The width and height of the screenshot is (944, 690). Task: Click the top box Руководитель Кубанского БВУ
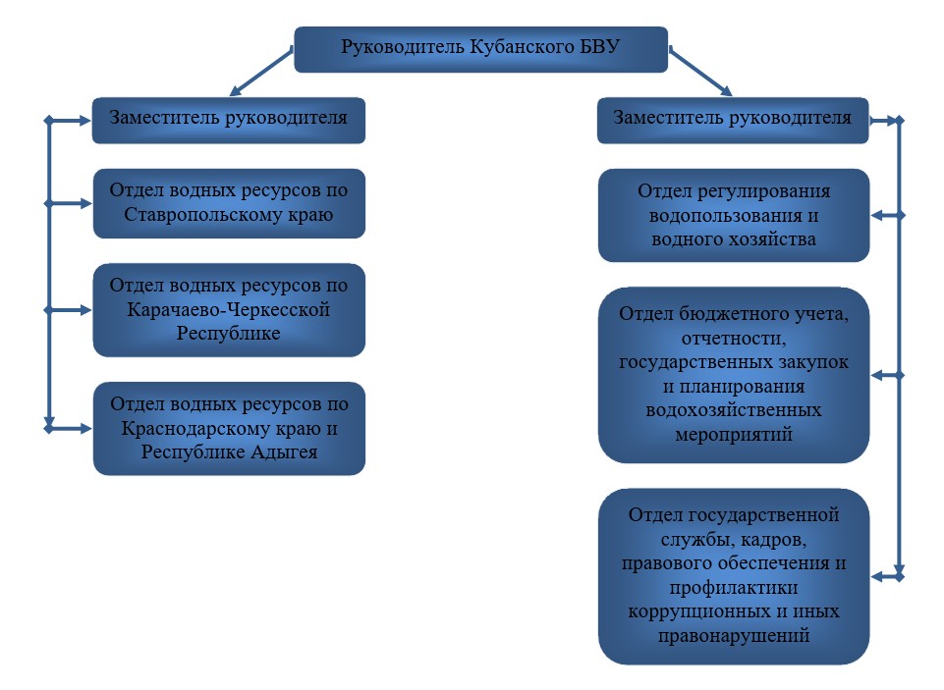coord(480,49)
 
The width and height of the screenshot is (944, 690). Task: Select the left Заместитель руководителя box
coord(229,121)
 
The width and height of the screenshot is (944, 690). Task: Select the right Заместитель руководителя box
coord(733,121)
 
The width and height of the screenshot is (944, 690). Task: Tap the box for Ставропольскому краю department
coord(229,203)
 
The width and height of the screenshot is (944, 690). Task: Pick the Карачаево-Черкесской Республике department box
coord(229,310)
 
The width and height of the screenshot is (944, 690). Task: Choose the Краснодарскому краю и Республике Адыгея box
coord(229,428)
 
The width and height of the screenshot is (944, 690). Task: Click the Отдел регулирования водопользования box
coord(734,215)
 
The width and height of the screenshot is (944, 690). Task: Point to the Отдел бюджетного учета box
coord(734,375)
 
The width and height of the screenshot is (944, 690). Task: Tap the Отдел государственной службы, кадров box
coord(734,576)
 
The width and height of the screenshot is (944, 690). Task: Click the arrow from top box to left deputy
coord(261,73)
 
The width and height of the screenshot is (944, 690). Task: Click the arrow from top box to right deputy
coord(700,73)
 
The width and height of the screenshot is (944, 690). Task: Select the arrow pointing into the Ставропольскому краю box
coord(68,203)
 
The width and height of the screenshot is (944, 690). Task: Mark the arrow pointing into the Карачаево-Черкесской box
coord(68,310)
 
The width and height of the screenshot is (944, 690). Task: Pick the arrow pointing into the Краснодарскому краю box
coord(68,428)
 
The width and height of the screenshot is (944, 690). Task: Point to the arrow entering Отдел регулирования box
coord(887,215)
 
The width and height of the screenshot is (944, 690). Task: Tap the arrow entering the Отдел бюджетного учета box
coord(887,375)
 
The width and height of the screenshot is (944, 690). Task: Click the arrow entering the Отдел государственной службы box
coord(887,576)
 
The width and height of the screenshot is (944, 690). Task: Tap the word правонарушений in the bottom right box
coord(734,635)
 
